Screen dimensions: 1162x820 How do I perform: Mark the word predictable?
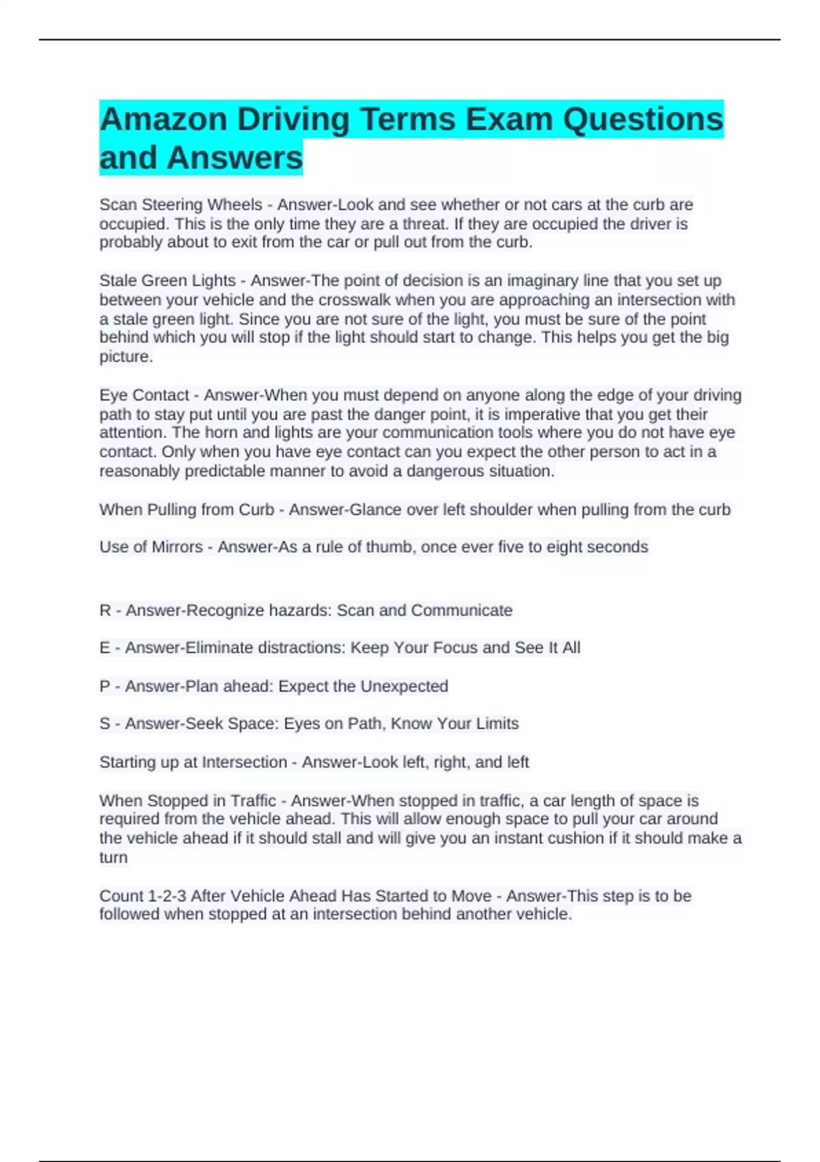pos(225,471)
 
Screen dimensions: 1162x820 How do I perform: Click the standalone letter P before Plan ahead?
pos(105,686)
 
